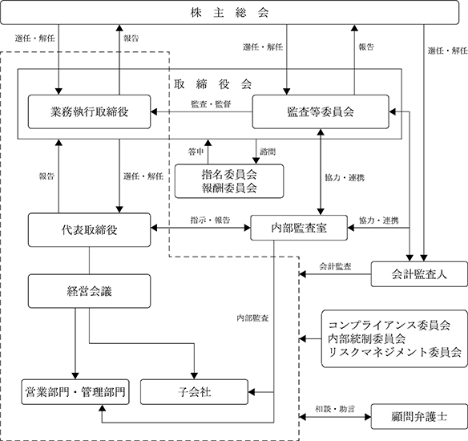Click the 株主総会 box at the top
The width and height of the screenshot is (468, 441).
(x=229, y=13)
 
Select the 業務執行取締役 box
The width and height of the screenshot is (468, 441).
(x=89, y=112)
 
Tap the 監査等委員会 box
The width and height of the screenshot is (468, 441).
(x=321, y=112)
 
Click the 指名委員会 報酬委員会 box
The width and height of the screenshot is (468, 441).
(x=229, y=181)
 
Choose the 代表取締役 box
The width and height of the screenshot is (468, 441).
(x=89, y=230)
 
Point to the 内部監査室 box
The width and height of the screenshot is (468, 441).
(x=299, y=228)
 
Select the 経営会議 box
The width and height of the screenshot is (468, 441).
(x=89, y=291)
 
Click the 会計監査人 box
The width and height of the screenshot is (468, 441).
(x=419, y=274)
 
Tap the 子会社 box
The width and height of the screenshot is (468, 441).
(x=194, y=392)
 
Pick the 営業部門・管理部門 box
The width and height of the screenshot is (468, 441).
(x=75, y=392)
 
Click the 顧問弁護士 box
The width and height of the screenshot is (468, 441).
(x=419, y=416)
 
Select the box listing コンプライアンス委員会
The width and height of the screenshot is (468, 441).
(x=394, y=338)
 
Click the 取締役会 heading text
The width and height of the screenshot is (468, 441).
(x=213, y=84)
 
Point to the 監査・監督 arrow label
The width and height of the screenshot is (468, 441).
(x=211, y=104)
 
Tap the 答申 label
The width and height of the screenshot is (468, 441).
(x=196, y=152)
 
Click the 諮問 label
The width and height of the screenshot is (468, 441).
(x=268, y=152)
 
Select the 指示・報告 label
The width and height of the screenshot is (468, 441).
(x=211, y=220)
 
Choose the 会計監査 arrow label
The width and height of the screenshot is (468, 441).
(x=335, y=266)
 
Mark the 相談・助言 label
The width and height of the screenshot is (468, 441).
(x=335, y=409)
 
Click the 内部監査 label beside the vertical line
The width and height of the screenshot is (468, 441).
(x=252, y=318)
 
